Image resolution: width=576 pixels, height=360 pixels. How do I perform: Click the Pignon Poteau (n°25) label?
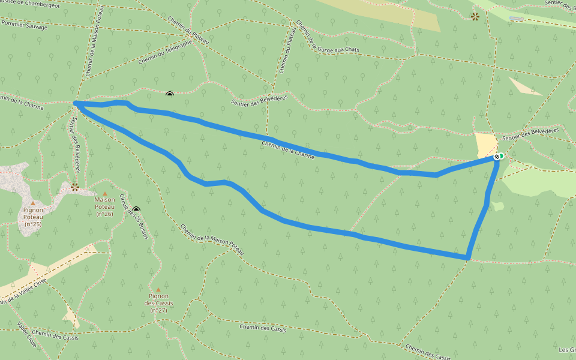click(33, 217)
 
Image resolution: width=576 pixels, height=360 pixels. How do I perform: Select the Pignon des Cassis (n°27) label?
click(158, 303)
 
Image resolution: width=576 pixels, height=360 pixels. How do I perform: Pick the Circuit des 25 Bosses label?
click(133, 217)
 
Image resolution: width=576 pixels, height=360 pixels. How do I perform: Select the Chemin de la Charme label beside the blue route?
click(288, 149)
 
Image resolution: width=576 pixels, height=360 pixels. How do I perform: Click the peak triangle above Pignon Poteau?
click(33, 203)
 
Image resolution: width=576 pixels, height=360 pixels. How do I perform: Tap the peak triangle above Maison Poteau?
click(104, 193)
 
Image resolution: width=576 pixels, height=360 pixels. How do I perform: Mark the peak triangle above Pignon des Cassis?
click(158, 289)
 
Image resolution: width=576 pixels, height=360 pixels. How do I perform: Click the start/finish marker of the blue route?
click(497, 157)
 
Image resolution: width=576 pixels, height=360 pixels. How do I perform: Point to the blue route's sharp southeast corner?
click(467, 257)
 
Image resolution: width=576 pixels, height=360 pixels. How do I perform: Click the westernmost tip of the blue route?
click(76, 104)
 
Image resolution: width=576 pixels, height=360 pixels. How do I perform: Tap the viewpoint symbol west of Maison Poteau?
click(75, 187)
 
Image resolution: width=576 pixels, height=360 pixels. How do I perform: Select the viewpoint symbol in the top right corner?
click(475, 16)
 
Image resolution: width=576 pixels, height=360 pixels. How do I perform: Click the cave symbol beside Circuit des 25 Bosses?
click(136, 210)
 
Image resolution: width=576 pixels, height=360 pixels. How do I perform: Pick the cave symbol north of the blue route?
click(170, 94)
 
